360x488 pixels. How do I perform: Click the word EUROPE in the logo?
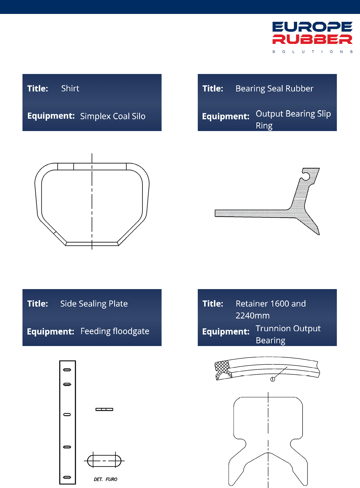click(312, 27)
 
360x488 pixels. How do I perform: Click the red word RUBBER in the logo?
click(312, 39)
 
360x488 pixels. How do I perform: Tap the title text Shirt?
click(70, 88)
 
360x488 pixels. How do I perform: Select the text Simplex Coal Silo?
click(113, 116)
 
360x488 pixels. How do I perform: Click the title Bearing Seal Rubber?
click(274, 89)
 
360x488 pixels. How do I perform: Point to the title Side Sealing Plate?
click(94, 304)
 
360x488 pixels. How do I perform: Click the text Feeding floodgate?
click(115, 331)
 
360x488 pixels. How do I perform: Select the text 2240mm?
click(253, 315)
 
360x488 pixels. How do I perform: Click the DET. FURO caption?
click(105, 479)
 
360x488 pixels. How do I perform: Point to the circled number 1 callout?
click(273, 379)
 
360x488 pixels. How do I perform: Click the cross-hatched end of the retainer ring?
click(223, 370)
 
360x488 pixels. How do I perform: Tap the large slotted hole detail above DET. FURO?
click(104, 461)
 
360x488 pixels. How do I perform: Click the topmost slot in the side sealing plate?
click(67, 370)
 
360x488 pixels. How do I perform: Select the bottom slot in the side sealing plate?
click(67, 477)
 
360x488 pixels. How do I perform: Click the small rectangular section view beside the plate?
click(104, 409)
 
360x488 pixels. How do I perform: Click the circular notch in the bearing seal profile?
click(306, 176)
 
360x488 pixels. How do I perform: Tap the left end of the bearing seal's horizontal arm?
click(215, 213)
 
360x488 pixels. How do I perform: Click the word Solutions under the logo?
click(312, 52)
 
